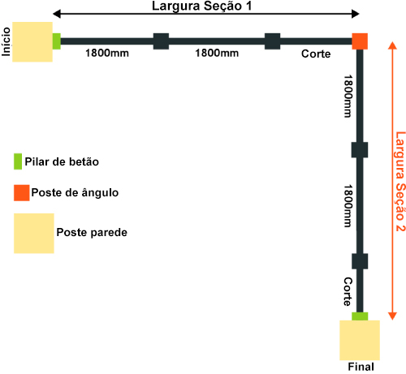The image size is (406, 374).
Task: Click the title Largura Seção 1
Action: click(202, 6)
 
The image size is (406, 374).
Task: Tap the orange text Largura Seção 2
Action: click(400, 182)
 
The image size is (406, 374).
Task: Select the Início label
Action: click(6, 42)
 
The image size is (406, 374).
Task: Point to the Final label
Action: click(361, 367)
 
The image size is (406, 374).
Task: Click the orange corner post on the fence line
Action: click(360, 41)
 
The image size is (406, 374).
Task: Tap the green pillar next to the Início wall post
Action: click(57, 41)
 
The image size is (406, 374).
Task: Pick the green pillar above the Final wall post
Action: click(360, 316)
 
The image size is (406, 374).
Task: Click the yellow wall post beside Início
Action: click(32, 42)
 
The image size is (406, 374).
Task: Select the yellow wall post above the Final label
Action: click(360, 340)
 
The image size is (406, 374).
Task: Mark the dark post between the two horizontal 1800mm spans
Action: click(161, 41)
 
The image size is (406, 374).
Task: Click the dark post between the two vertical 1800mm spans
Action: click(360, 150)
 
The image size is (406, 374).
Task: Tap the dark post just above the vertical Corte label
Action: click(360, 261)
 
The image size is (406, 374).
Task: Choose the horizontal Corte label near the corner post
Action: click(316, 54)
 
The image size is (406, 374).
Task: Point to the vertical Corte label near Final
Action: click(348, 291)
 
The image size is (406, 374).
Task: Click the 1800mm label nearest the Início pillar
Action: click(107, 53)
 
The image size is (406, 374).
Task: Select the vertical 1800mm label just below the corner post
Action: click(348, 97)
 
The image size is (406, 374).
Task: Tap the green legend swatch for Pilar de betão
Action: click(18, 161)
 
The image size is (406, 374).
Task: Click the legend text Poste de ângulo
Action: click(75, 192)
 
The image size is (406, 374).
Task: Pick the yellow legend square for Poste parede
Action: click(34, 234)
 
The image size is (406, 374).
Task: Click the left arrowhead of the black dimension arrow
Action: click(56, 14)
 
